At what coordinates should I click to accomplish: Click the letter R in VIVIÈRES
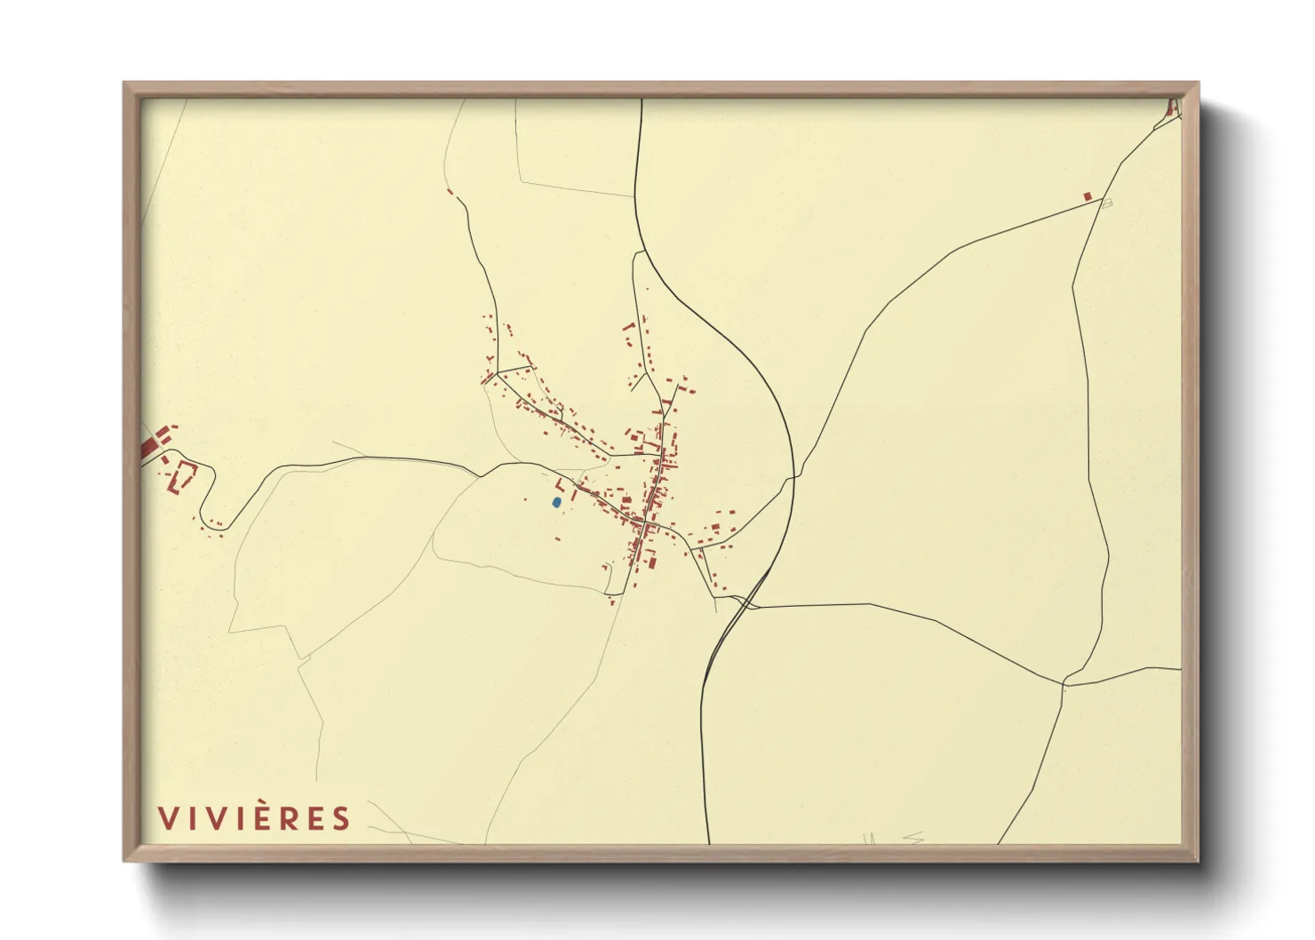point(285,818)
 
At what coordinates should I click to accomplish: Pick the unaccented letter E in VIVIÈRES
point(314,818)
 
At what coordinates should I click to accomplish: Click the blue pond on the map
point(556,502)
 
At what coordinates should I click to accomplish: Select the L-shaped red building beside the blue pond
point(560,486)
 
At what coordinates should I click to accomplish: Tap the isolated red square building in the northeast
point(1087,196)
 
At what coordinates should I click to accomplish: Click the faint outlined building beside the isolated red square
point(1107,203)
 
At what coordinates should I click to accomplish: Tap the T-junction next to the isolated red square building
point(1102,199)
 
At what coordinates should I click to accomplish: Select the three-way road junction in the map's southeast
point(1064,684)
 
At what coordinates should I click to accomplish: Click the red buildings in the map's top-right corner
point(1171,109)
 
